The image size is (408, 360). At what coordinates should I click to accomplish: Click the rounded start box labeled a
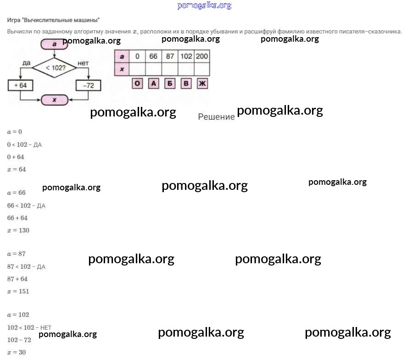[x=54, y=44]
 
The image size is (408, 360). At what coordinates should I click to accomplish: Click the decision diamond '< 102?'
[x=55, y=68]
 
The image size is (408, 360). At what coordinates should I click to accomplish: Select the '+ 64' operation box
[x=21, y=85]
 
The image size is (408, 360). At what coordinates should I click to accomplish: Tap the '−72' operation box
[x=88, y=85]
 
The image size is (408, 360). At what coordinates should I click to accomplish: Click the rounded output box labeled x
[x=55, y=100]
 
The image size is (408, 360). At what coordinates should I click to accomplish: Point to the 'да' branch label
[x=26, y=62]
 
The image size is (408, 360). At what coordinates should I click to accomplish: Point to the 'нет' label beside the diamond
[x=83, y=62]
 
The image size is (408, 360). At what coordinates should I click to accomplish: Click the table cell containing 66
[x=153, y=56]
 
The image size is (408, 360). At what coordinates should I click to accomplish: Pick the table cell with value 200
[x=201, y=56]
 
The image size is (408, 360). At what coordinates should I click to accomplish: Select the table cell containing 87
[x=170, y=56]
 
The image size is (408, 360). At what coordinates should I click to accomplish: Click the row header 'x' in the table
[x=122, y=69]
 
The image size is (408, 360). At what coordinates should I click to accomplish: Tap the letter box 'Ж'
[x=202, y=84]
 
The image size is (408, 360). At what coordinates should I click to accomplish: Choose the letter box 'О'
[x=137, y=84]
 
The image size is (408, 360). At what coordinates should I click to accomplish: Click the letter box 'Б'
[x=170, y=84]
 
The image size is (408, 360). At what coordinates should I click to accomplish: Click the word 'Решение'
[x=216, y=117]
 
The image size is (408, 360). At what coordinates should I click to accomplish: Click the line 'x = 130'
[x=18, y=230]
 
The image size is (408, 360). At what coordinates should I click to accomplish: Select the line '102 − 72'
[x=19, y=340]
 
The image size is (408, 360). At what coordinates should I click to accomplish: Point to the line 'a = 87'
[x=16, y=254]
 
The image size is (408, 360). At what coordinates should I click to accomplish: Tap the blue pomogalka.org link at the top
[x=204, y=6]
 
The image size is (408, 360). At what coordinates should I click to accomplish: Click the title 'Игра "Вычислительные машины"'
[x=53, y=20]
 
